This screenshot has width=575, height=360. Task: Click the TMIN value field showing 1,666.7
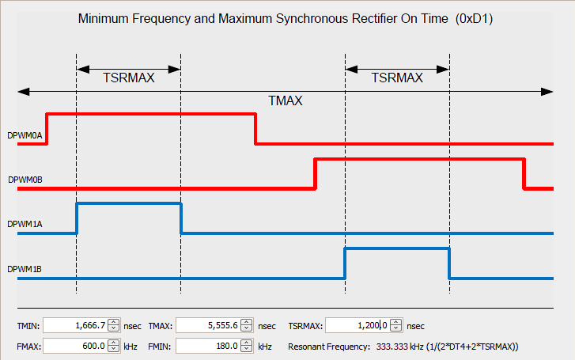(x=76, y=325)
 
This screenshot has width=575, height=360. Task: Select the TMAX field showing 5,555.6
(x=209, y=325)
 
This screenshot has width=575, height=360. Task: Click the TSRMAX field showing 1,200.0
(x=358, y=325)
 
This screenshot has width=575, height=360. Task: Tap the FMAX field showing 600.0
(x=76, y=346)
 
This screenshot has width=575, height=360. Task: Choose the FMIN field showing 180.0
(x=209, y=346)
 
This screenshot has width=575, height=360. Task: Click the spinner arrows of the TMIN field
(x=114, y=325)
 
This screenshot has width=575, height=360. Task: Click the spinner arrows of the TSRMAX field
(x=396, y=325)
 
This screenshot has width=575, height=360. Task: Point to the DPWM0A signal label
(x=25, y=135)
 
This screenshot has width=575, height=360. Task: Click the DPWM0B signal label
(x=25, y=180)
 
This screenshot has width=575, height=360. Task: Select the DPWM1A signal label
(x=25, y=224)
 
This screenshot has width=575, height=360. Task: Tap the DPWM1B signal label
(x=25, y=269)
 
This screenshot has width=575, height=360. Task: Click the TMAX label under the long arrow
(x=286, y=101)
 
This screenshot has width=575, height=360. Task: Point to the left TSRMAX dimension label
(x=129, y=78)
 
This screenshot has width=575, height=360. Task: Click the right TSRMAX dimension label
(x=397, y=78)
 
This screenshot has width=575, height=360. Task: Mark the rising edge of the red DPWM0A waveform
(x=47, y=129)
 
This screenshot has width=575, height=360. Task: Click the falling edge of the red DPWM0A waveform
(x=255, y=129)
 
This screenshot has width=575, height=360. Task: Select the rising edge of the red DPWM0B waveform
(x=315, y=174)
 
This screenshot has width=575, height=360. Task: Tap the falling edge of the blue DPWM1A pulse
(x=181, y=218)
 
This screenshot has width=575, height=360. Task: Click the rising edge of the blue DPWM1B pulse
(x=345, y=263)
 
